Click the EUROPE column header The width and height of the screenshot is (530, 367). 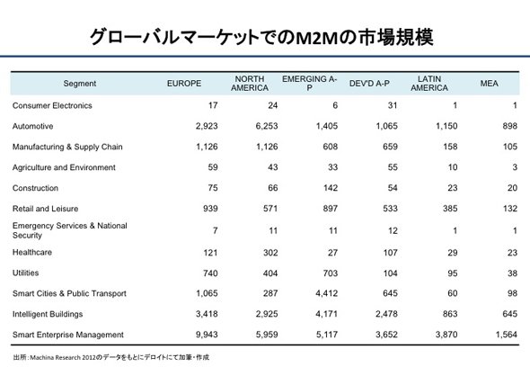coord(184,84)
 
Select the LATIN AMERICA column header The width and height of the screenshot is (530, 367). coord(429,84)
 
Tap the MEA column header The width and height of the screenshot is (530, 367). coord(489,84)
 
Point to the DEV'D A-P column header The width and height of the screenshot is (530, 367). coord(369,84)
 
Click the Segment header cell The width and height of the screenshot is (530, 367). coord(80,84)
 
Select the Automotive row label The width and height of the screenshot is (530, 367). coord(32,126)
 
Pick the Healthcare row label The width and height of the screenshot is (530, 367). coord(32,252)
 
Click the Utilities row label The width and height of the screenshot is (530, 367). coord(26,273)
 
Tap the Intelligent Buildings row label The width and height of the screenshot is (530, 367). coord(48,314)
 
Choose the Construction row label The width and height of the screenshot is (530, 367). coord(36,188)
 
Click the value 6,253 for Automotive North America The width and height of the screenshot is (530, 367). coord(267,126)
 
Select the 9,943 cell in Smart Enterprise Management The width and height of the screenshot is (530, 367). coord(207,335)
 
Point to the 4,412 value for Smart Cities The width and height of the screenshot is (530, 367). coord(326,293)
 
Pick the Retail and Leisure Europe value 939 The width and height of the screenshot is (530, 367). coord(210,209)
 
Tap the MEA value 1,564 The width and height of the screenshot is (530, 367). coord(507,335)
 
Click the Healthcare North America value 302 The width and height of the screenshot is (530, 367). coord(270,253)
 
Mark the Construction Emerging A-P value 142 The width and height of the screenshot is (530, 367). coord(331,188)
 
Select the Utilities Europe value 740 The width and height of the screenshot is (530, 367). coord(210,273)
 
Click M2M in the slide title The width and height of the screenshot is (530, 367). coord(317,38)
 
